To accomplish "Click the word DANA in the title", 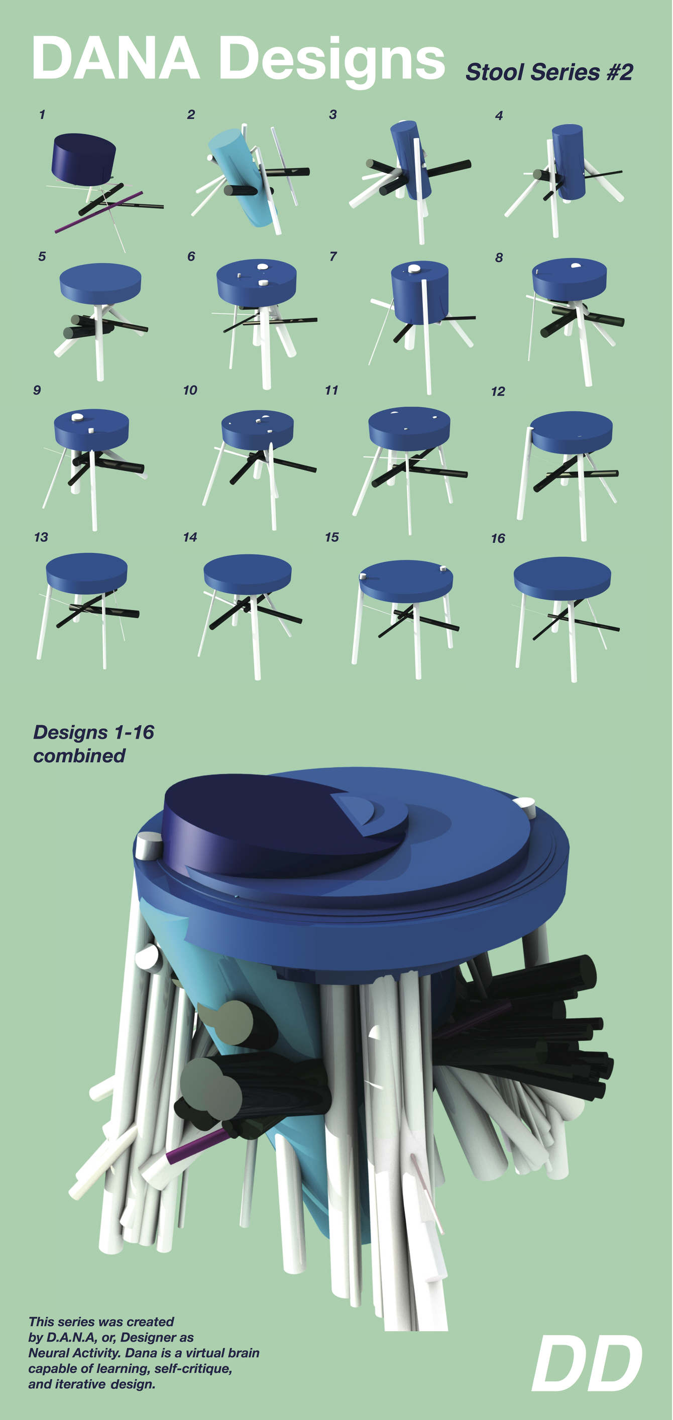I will (x=115, y=58).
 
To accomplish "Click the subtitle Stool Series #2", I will (x=549, y=72).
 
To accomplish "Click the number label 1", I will (x=42, y=114).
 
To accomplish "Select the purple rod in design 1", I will (x=99, y=212).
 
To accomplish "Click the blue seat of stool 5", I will (x=100, y=281).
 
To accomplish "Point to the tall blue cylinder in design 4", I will (x=568, y=160).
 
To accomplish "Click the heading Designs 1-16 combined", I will (x=94, y=744).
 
